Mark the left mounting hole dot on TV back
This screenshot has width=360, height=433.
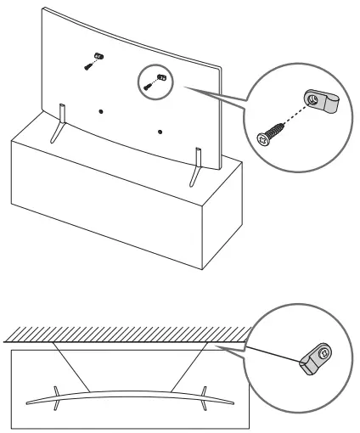(x=100, y=111)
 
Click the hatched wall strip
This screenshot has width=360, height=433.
(x=127, y=335)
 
